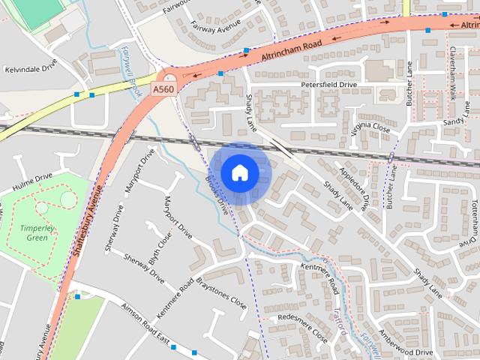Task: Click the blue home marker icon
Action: pyautogui.click(x=239, y=173)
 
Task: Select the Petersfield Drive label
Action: pyautogui.click(x=328, y=85)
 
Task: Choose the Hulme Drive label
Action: pyautogui.click(x=33, y=181)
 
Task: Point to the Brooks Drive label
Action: pyautogui.click(x=215, y=190)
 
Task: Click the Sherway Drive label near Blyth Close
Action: pyautogui.click(x=145, y=266)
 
